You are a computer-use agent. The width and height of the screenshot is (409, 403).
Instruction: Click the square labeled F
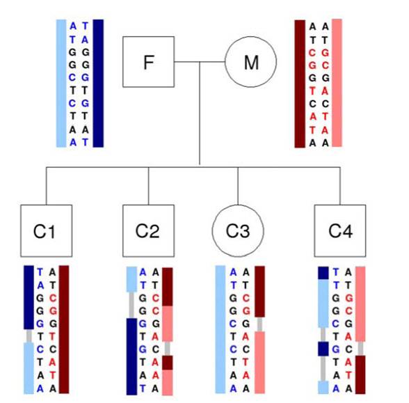coord(148,62)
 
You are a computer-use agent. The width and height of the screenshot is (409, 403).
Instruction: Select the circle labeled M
coord(250,62)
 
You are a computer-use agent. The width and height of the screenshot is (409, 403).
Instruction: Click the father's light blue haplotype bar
coord(61,83)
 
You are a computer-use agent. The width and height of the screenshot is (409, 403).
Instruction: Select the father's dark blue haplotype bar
coord(98,83)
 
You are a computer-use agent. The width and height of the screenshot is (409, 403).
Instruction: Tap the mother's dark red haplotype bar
coord(300,83)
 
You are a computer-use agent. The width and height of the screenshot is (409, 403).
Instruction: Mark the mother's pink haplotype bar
coord(337,83)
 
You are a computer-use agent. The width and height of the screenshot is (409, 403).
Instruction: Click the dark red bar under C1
coord(65,329)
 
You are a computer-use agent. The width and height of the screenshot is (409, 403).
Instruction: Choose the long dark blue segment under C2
coord(131,356)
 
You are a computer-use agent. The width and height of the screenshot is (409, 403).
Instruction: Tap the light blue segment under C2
coord(131,280)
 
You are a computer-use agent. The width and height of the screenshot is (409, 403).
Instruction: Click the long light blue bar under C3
coord(220,329)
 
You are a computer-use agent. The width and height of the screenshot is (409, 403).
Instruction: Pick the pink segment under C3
coord(260,362)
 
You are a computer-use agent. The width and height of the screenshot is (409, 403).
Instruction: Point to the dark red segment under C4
coord(360,374)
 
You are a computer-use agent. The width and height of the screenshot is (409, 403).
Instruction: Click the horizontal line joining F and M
coord(199,62)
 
